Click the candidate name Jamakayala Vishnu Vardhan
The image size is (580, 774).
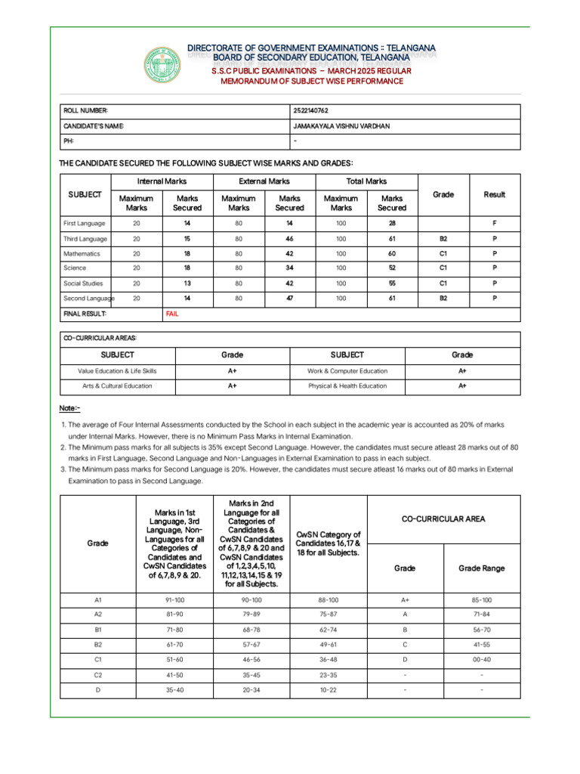click(341, 126)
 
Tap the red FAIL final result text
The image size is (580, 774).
click(172, 314)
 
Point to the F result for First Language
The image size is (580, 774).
click(495, 224)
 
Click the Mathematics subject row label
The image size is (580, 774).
click(82, 254)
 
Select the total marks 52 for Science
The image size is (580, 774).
click(392, 268)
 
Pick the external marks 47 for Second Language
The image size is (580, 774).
click(289, 299)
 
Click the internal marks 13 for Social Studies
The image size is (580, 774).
click(187, 283)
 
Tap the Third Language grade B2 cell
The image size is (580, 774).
click(443, 239)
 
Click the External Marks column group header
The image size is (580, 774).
click(264, 181)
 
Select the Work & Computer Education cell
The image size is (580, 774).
click(347, 371)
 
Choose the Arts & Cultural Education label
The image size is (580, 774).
click(117, 385)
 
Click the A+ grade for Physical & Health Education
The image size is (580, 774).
click(462, 385)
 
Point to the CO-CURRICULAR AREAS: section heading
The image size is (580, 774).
click(100, 339)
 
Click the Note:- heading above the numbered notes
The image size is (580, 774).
click(69, 408)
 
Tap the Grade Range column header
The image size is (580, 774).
click(482, 568)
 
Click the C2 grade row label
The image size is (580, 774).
click(98, 674)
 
